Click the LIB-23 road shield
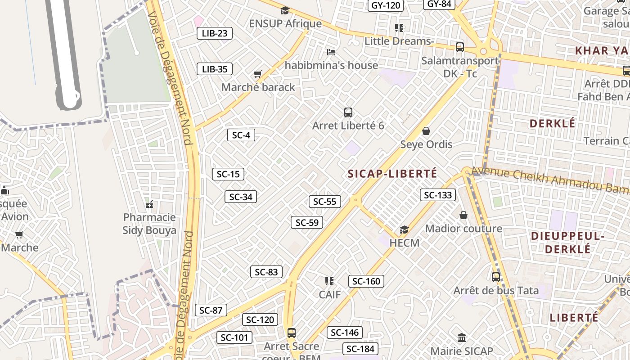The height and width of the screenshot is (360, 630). tap(215, 33)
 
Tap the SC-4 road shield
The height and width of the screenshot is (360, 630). tap(241, 135)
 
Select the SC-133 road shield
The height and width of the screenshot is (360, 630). tap(438, 195)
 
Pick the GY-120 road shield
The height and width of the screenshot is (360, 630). tap(386, 5)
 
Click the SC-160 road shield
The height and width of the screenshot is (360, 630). tap(366, 281)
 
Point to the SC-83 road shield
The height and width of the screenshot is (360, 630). tap(266, 272)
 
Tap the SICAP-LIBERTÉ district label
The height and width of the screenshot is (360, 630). tap(392, 174)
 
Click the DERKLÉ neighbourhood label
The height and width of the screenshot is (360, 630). tap(553, 123)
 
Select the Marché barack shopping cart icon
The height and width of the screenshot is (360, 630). tap(258, 74)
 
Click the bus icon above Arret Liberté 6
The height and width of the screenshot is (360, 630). tap(348, 112)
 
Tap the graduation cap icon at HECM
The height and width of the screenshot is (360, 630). tap(404, 230)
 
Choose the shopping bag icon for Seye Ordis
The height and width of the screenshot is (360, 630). tap(426, 131)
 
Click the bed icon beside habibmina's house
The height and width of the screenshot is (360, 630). tap(331, 52)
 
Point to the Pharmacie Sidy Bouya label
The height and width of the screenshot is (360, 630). tap(149, 224)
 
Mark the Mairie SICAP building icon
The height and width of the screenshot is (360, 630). tap(462, 337)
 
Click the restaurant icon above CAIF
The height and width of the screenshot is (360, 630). tap(329, 281)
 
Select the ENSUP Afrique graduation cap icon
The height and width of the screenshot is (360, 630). tap(285, 10)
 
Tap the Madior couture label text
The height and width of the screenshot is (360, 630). tap(463, 229)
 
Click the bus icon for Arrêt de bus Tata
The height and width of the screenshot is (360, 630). tap(495, 277)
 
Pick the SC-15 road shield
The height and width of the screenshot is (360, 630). tap(228, 174)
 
